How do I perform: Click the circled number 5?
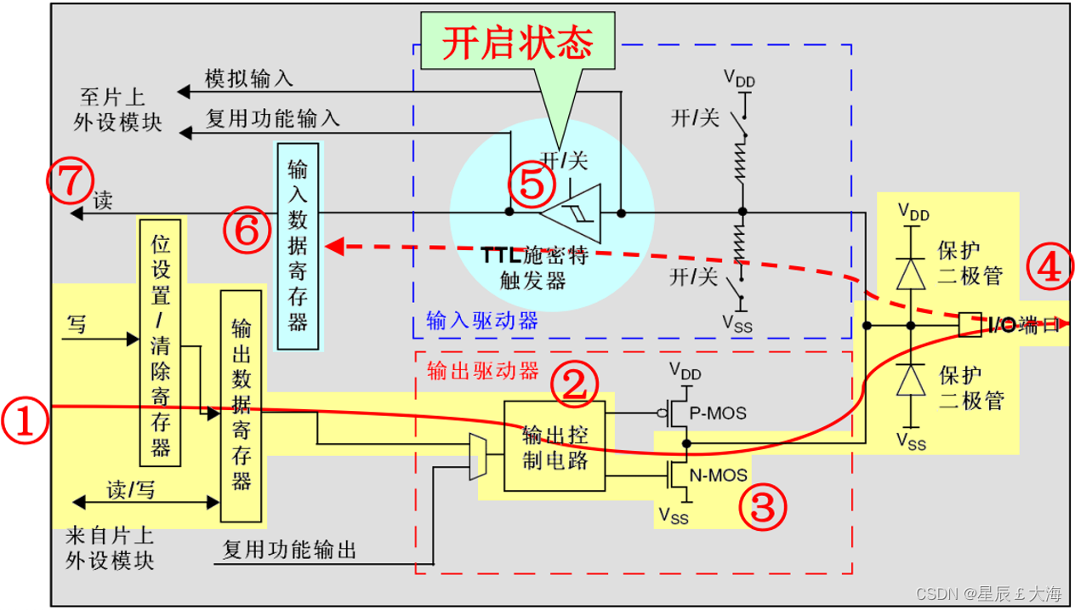[x=532, y=185]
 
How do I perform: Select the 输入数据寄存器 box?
[x=298, y=246]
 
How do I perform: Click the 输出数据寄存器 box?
[x=242, y=406]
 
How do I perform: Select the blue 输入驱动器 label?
[x=481, y=322]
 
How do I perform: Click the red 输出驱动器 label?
[x=481, y=371]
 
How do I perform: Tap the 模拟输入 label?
[x=249, y=79]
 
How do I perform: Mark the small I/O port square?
[x=970, y=324]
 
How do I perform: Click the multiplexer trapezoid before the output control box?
[x=477, y=458]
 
